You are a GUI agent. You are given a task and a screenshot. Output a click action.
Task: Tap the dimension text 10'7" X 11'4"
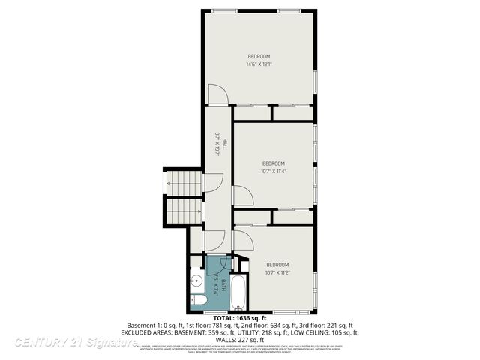pyautogui.click(x=274, y=171)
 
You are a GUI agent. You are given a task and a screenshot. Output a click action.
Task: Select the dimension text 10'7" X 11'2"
pyautogui.click(x=277, y=271)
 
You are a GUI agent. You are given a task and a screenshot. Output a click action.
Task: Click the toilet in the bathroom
pyautogui.click(x=198, y=301)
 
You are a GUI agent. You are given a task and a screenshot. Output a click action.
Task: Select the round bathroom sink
pyautogui.click(x=195, y=282)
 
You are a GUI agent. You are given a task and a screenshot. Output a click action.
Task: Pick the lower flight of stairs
pyautogui.click(x=184, y=211)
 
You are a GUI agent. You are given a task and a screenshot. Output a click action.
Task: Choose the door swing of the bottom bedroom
pyautogui.click(x=244, y=241)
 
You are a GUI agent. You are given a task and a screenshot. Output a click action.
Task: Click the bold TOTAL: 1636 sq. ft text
pyautogui.click(x=240, y=318)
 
